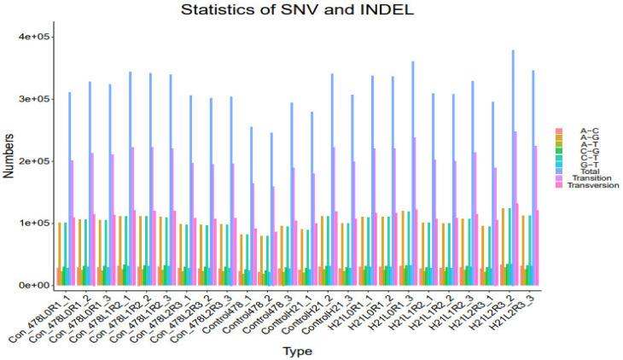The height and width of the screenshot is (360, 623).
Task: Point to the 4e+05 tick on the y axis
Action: tap(34, 37)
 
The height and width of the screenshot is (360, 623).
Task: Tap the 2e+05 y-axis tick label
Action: tap(34, 161)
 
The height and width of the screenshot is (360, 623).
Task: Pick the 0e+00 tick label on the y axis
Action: tap(34, 285)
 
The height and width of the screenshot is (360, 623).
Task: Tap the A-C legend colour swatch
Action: tap(559, 130)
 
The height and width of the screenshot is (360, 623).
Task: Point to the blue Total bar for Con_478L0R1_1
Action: tap(69, 189)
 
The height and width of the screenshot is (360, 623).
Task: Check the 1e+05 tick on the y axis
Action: tap(34, 223)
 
